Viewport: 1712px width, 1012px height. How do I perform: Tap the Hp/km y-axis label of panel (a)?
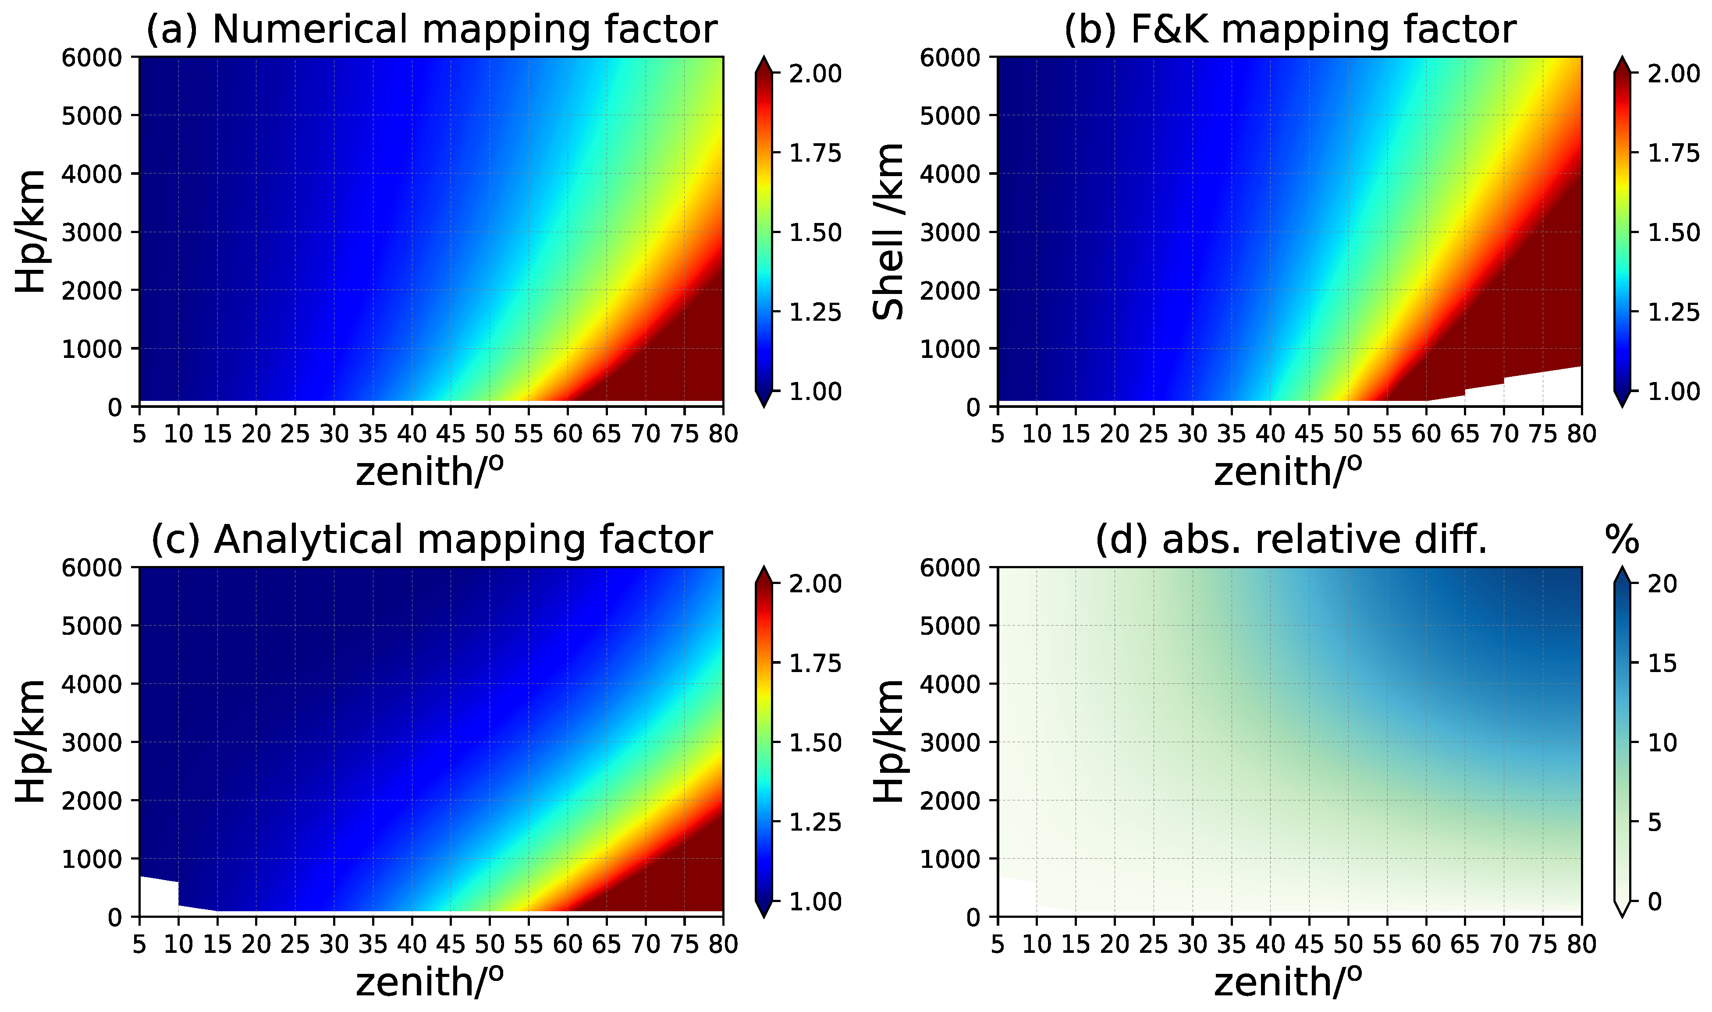tap(31, 232)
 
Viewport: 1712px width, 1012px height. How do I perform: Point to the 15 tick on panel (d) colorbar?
tap(1662, 663)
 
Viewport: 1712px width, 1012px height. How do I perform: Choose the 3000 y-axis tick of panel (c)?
tap(92, 743)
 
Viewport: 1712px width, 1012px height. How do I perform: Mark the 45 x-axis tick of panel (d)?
tap(1308, 943)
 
